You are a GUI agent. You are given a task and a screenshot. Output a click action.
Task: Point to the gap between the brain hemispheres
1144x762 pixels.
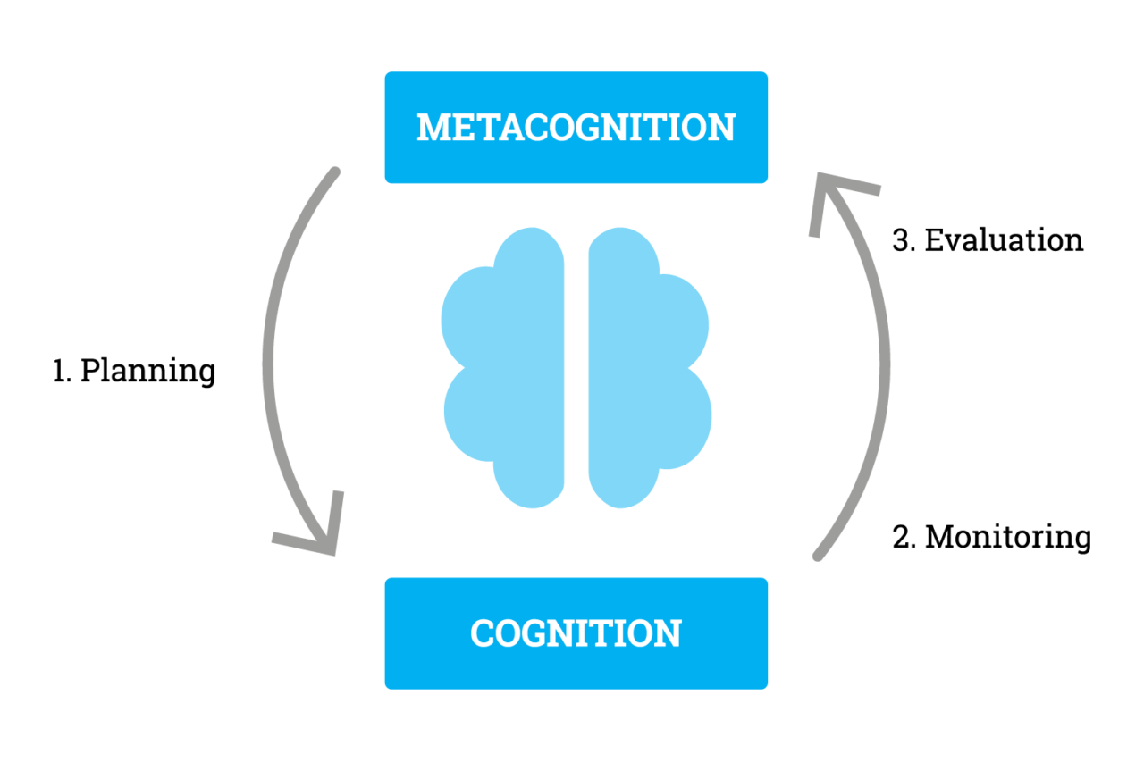[x=576, y=366]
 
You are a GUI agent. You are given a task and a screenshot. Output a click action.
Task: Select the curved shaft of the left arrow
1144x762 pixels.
[x=268, y=357]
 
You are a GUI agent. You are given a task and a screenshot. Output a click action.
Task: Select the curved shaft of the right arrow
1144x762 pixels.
[x=885, y=357]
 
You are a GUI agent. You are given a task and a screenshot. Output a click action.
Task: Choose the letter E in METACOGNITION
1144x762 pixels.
[x=467, y=128]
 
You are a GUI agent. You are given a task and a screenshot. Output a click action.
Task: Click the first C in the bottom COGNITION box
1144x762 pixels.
[x=484, y=633]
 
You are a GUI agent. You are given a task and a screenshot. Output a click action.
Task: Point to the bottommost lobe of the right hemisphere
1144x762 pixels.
[x=623, y=487]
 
